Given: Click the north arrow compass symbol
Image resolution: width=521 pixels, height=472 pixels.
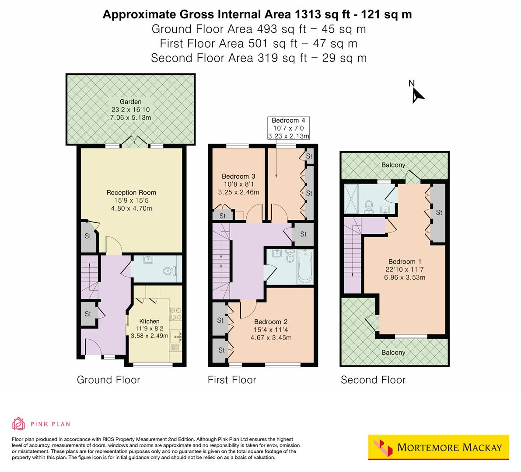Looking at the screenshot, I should pos(417,94).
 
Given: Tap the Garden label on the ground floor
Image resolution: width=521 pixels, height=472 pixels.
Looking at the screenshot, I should pos(131,102).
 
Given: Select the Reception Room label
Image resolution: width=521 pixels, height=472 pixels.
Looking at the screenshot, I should pos(131,192).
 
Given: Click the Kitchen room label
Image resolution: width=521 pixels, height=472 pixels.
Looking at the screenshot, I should pos(149,321).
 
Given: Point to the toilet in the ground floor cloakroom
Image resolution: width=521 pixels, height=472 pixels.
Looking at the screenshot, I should pos(168,271).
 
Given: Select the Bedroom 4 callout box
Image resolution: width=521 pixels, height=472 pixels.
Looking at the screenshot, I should pos(288,128).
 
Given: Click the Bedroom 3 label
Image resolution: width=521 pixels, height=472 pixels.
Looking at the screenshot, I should pos(238,177).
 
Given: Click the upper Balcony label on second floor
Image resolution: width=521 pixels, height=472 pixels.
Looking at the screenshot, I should pos(393,165).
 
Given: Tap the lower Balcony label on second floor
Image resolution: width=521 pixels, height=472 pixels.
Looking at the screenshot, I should pos(393,352).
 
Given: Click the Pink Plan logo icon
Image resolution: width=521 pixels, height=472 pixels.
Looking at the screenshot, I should pos(19,423).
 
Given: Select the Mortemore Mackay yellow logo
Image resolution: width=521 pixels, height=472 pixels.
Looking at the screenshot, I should pos(438,447).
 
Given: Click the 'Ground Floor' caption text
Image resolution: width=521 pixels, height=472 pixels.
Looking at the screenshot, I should pos(108,380).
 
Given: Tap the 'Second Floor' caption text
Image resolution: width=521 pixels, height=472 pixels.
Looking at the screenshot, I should pos(373,380).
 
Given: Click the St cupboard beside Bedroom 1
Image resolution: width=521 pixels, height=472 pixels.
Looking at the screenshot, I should pos(438,213).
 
